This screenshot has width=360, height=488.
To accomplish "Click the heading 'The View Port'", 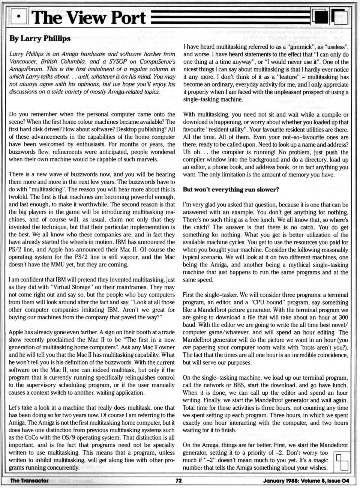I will (89, 18).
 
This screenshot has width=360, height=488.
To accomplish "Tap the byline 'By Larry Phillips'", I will (40, 39).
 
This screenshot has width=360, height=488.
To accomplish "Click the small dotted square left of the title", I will (19, 18).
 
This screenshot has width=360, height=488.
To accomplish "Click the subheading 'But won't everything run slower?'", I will (231, 189).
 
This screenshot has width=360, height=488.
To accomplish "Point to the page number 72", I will (179, 481).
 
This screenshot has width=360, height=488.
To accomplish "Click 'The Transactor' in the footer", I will (29, 481).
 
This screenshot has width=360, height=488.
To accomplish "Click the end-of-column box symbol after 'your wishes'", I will (342, 461).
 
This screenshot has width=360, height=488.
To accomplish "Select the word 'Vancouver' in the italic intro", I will (23, 61).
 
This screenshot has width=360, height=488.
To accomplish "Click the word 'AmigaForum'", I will (25, 69).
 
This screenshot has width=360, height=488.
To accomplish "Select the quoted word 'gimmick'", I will (269, 47).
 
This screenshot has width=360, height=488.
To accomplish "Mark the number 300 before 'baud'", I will (343, 317).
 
